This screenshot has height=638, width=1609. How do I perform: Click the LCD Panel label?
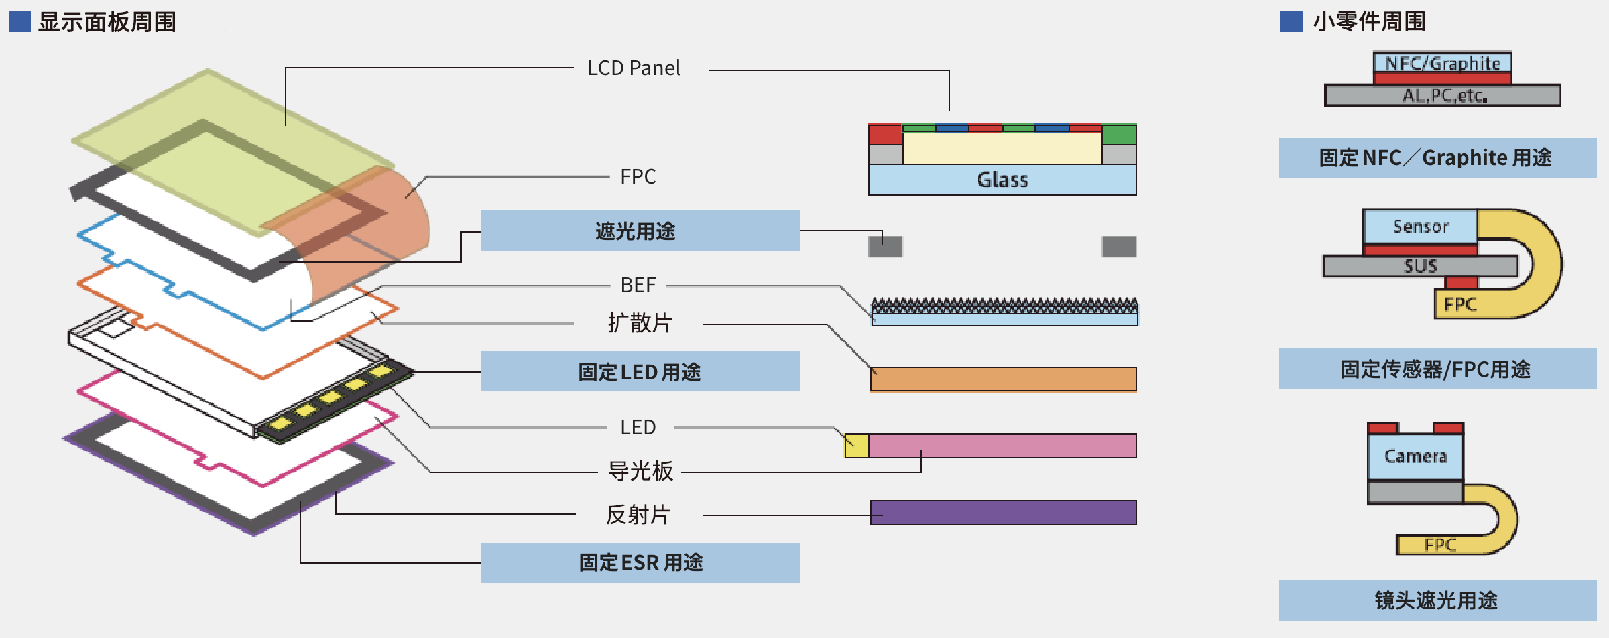coord(634,68)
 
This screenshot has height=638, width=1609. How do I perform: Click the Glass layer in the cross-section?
coord(1002,180)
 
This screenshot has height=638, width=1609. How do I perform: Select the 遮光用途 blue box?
coord(640,231)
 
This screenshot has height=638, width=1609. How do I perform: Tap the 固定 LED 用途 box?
coord(640,371)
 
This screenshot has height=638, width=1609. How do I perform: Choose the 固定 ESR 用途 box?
coord(640,562)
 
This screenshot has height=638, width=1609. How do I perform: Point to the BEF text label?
coord(638,285)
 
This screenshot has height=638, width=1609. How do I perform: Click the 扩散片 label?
coord(639,323)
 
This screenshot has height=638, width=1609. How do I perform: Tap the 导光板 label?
coord(640,471)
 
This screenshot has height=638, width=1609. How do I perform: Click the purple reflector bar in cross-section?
coord(1003,513)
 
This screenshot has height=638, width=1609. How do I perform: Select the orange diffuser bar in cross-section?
coord(1003,379)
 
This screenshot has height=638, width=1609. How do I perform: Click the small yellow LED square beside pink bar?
coord(856,446)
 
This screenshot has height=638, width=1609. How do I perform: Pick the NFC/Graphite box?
coord(1442,63)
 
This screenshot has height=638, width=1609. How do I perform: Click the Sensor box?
coord(1420,227)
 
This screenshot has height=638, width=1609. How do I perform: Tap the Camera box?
coord(1415,456)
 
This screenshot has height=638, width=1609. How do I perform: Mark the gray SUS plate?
coord(1420,266)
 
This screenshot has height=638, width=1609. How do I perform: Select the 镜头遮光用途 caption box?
coord(1437,600)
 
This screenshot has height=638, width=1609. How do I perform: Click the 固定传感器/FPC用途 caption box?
coord(1437,369)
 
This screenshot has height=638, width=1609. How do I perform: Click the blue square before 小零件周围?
coord(1291,21)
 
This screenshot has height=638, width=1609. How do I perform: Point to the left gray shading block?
coord(885,246)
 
